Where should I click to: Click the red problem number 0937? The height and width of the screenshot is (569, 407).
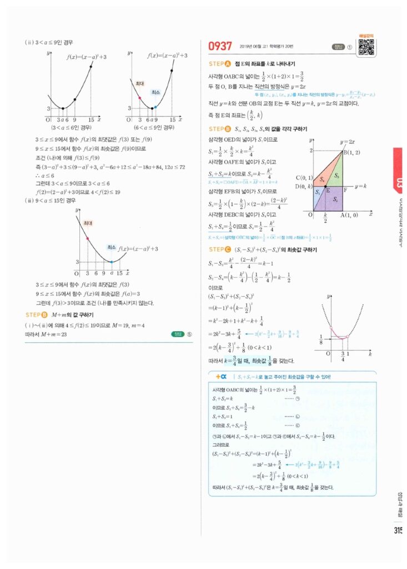(220, 47)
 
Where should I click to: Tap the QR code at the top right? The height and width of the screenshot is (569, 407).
(366, 47)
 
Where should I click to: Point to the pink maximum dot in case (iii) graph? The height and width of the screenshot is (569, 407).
(88, 238)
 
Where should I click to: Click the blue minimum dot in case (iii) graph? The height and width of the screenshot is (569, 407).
(112, 262)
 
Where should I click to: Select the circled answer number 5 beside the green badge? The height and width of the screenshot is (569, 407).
(189, 334)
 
